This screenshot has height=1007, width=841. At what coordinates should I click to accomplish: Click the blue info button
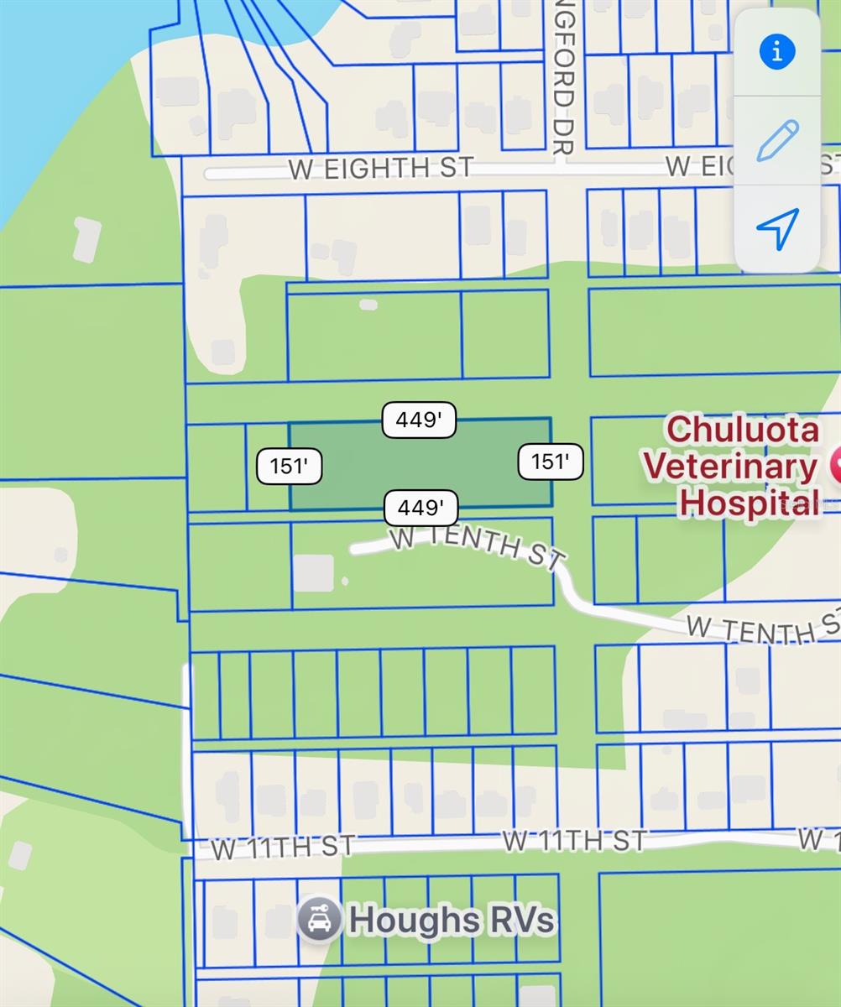[777, 52]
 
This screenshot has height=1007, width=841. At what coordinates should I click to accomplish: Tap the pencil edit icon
[777, 140]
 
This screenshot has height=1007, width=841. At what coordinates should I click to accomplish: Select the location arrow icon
[777, 228]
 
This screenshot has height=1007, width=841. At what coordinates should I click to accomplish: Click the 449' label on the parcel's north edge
[419, 420]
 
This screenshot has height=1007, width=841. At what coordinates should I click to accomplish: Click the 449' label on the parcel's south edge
[420, 508]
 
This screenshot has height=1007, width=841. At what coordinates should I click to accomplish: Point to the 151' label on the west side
[289, 467]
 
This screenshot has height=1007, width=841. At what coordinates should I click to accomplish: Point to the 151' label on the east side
[550, 462]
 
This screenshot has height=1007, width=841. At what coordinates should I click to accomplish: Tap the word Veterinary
[730, 466]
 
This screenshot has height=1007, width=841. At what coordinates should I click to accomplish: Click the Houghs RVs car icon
[319, 920]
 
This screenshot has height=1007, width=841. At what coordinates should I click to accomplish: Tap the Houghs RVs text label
[452, 921]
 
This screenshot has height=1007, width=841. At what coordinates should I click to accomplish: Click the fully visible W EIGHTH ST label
[381, 168]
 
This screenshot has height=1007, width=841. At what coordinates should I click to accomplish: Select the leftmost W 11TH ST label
[283, 847]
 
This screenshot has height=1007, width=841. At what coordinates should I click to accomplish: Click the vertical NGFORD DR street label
[563, 80]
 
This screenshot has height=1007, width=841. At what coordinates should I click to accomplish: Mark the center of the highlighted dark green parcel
[420, 464]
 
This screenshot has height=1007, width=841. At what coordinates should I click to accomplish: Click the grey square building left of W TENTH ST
[313, 573]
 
